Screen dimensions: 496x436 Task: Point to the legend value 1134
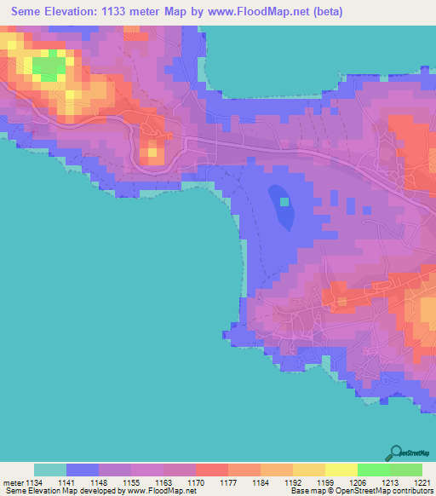point(34,482)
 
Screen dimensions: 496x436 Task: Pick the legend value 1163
point(163,482)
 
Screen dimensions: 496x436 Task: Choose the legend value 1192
point(293,482)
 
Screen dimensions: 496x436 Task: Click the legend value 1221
point(422,482)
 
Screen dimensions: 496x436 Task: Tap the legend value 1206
point(358,482)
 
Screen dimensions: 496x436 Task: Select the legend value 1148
point(99,482)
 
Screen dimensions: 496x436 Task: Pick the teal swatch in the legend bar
point(50,470)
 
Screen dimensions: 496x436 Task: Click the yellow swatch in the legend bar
point(341,470)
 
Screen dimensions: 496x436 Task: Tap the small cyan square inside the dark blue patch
point(284,202)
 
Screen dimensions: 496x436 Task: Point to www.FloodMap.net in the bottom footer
point(166,491)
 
